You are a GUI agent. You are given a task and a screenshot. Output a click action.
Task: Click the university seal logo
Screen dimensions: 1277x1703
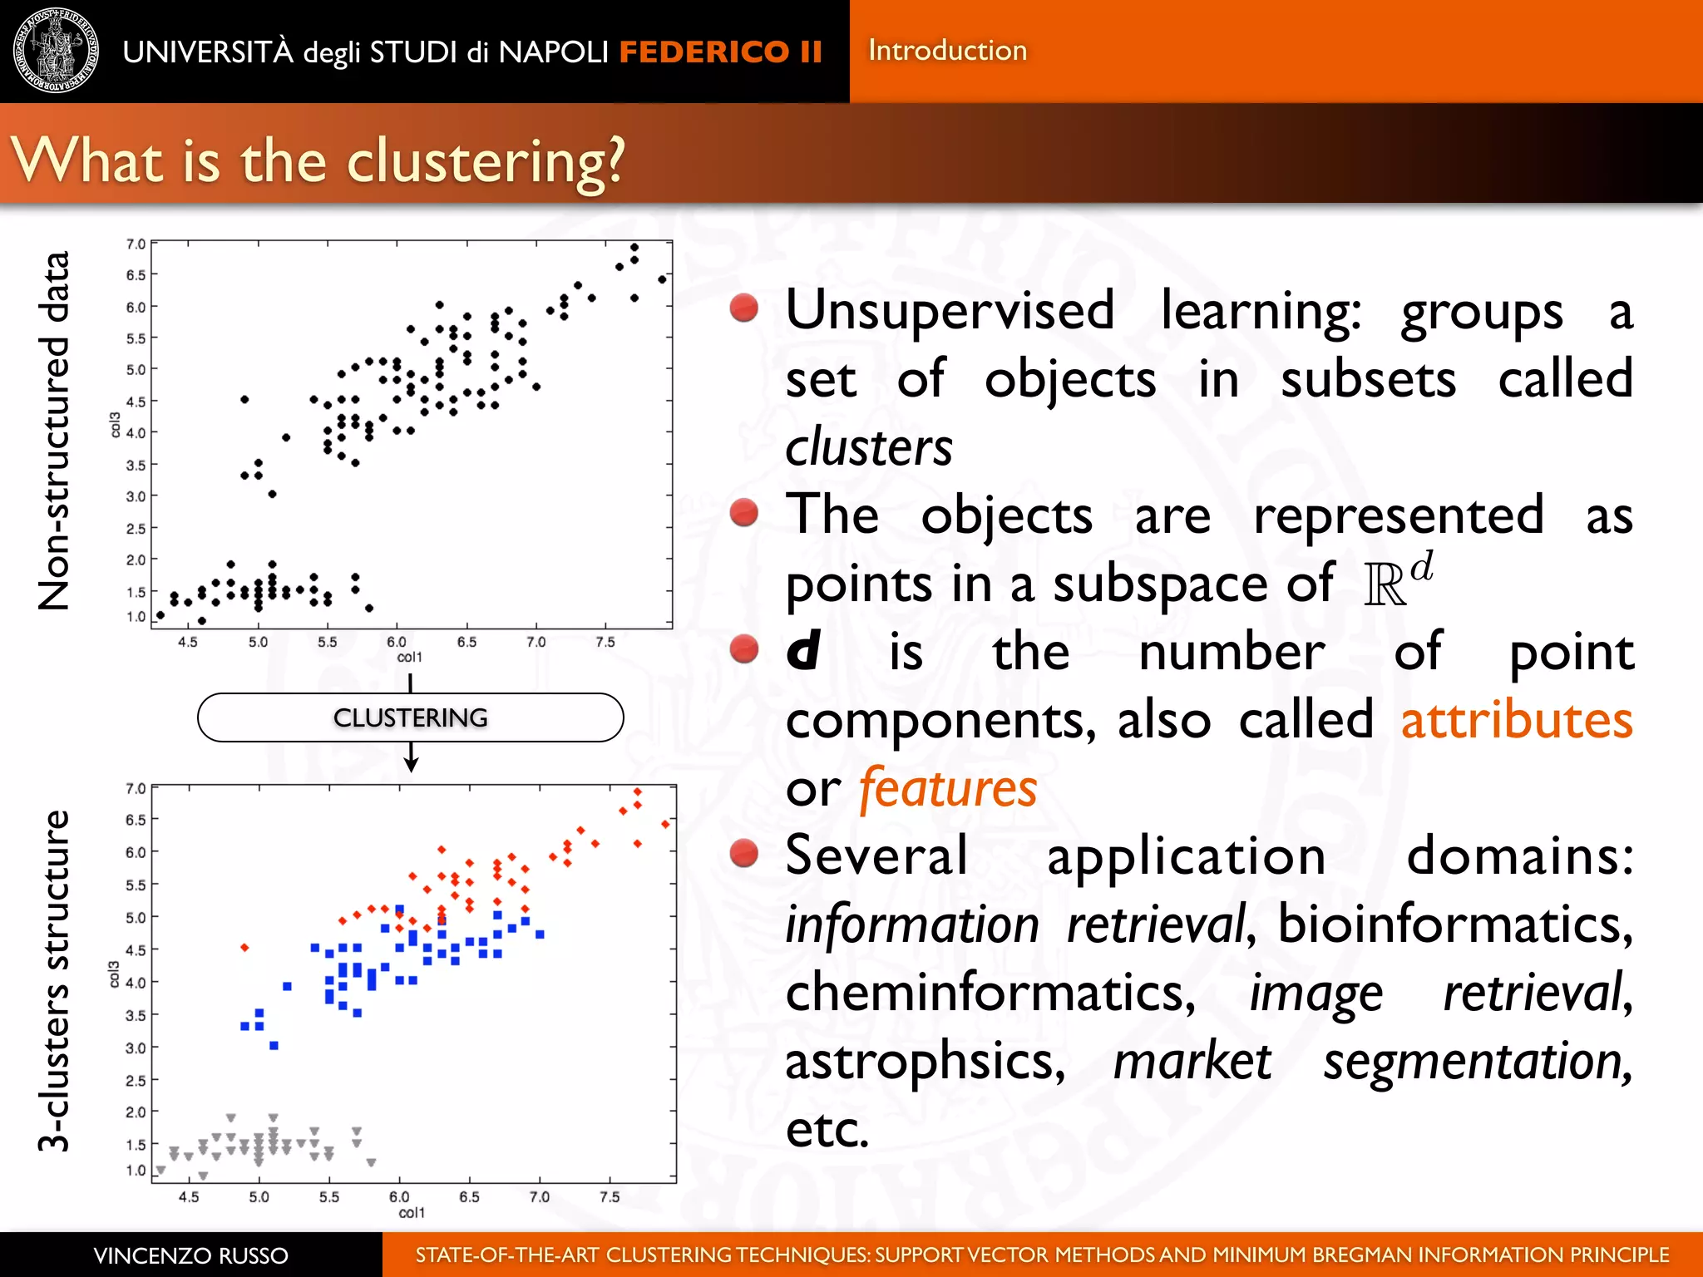pos(56,51)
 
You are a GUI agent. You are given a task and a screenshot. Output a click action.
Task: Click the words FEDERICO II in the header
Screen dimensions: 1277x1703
pos(720,52)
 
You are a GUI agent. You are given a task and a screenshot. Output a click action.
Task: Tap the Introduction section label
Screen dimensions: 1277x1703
pos(947,51)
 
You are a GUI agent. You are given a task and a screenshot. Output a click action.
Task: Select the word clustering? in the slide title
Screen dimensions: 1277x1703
pos(486,162)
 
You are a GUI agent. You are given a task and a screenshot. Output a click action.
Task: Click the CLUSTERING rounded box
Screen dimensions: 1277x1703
pos(410,717)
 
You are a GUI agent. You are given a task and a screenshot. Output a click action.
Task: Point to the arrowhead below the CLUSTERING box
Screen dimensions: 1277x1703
pos(411,765)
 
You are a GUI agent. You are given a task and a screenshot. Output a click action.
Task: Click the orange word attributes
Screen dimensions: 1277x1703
pos(1516,720)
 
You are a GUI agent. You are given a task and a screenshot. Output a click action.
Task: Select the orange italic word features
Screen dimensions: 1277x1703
pos(948,788)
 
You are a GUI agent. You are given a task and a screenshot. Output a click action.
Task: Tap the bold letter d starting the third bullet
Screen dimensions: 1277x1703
pos(803,651)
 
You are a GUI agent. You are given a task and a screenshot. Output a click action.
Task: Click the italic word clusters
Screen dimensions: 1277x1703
pos(868,447)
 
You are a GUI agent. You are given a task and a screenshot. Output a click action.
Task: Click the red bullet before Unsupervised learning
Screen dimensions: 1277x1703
pos(743,308)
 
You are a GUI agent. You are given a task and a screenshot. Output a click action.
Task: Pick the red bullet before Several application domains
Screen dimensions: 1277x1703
pos(743,853)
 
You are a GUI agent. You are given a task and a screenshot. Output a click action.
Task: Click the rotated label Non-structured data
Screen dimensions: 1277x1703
pos(55,431)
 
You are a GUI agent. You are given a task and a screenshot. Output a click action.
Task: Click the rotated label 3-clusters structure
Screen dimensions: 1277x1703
pos(55,981)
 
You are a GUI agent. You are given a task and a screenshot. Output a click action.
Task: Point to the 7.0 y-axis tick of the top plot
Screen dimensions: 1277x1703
pos(136,244)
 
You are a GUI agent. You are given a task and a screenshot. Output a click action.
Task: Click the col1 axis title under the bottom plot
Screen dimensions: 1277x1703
pos(412,1213)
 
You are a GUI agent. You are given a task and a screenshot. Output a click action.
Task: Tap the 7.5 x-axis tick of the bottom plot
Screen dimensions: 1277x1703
pos(610,1196)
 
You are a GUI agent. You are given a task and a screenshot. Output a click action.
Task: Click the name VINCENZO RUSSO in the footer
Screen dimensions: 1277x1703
pos(190,1255)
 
